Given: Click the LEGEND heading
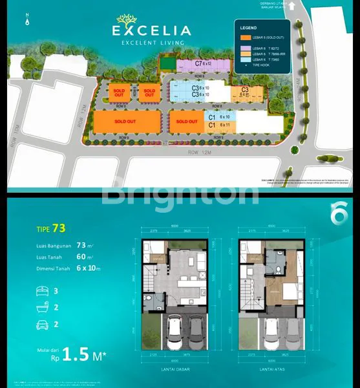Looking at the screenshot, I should (249, 28).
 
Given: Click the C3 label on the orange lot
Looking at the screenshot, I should (245, 91).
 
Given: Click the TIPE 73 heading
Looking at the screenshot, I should (50, 228).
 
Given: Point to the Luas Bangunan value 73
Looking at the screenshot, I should (81, 245).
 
